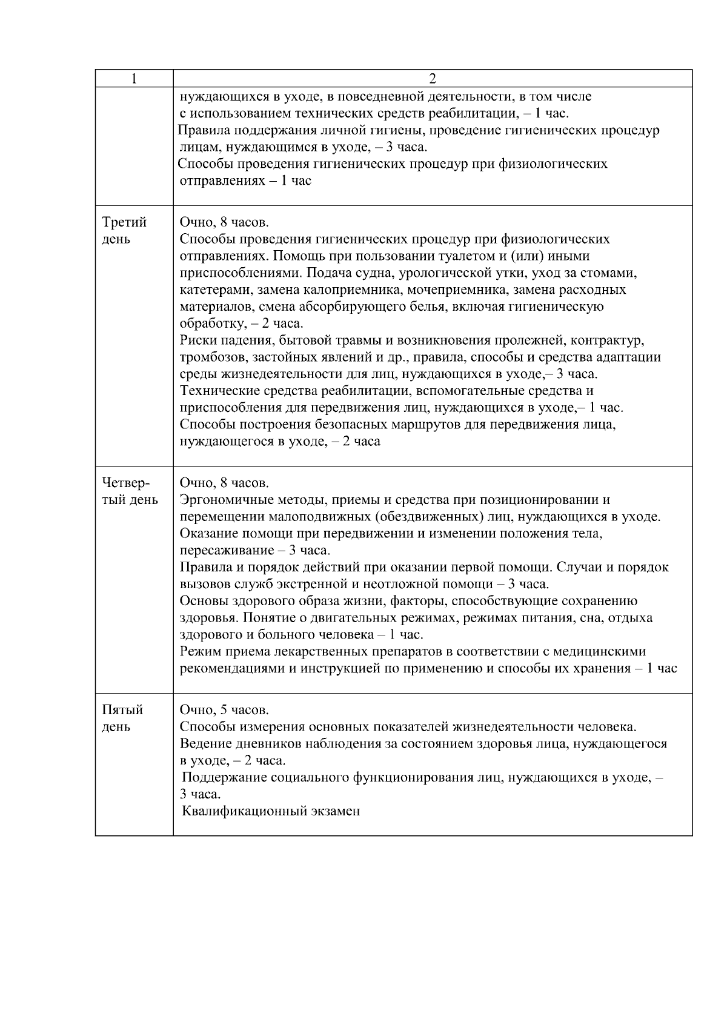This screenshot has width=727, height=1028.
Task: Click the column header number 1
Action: coord(134,79)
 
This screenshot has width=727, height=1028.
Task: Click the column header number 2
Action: coord(433,79)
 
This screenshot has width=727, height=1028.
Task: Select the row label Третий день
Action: coord(124,230)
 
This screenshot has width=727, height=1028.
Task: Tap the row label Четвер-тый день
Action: coord(129,491)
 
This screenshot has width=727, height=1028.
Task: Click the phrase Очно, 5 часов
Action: coord(224,710)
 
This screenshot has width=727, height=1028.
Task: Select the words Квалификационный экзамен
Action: coord(271,811)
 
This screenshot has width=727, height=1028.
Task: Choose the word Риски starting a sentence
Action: coord(198,340)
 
